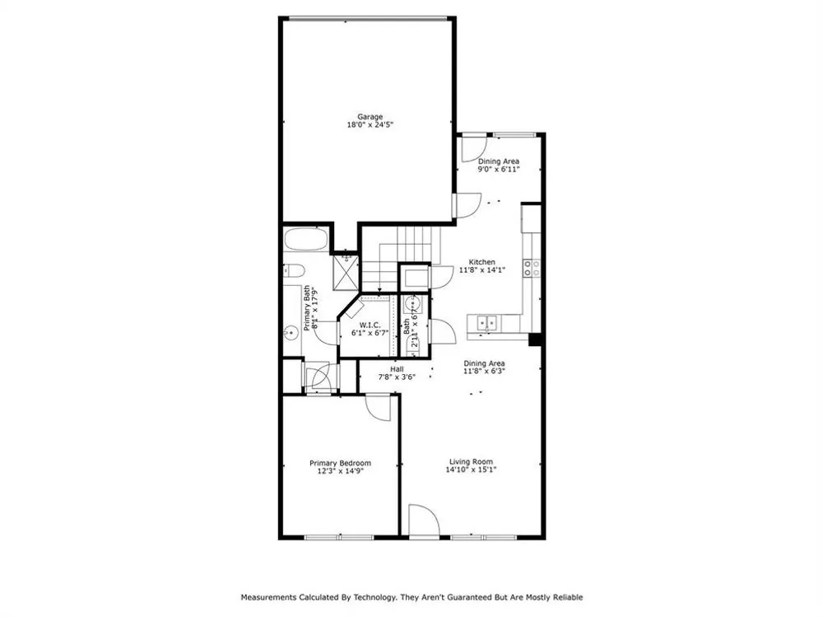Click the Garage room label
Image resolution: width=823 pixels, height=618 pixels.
pyautogui.click(x=370, y=117)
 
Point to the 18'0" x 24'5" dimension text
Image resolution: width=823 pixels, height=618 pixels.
pyautogui.click(x=370, y=125)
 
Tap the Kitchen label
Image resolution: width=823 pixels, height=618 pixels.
pyautogui.click(x=481, y=262)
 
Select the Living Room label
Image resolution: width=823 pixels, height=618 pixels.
pyautogui.click(x=471, y=462)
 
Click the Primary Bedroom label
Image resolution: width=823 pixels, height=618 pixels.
pyautogui.click(x=340, y=463)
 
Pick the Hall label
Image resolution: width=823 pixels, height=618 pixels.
pyautogui.click(x=397, y=369)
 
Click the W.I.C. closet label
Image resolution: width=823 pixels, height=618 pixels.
pyautogui.click(x=370, y=325)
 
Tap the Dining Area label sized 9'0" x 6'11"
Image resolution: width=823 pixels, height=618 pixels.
pyautogui.click(x=499, y=162)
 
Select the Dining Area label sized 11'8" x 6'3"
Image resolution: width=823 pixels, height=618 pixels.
pyautogui.click(x=484, y=363)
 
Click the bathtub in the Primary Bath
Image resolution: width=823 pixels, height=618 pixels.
pyautogui.click(x=306, y=241)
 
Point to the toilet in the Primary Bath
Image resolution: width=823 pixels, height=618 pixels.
pyautogui.click(x=295, y=271)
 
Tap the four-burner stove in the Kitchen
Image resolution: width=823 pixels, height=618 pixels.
pyautogui.click(x=531, y=268)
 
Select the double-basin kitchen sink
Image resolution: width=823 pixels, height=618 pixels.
pyautogui.click(x=487, y=323)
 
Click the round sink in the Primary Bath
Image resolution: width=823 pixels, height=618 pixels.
pyautogui.click(x=290, y=332)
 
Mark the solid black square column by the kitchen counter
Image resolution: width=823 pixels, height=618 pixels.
pyautogui.click(x=535, y=339)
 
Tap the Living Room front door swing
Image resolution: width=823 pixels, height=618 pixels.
pyautogui.click(x=424, y=520)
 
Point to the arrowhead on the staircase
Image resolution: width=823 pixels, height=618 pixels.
pyautogui.click(x=379, y=290)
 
